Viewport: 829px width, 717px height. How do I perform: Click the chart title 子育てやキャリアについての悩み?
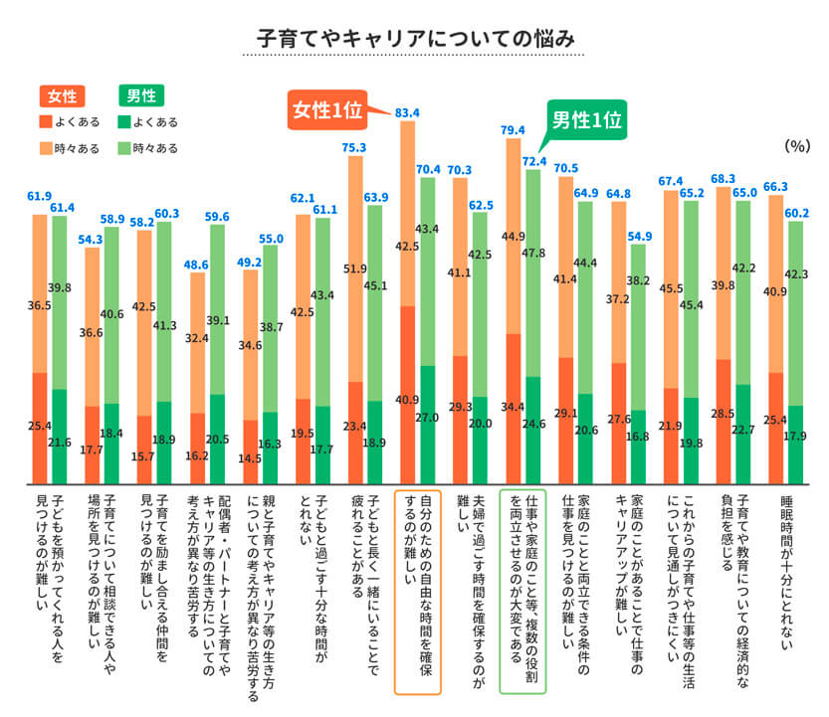(415, 39)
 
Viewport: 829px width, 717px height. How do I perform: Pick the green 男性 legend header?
(139, 95)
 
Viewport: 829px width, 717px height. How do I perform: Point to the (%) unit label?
(795, 145)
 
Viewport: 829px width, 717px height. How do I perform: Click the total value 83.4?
(407, 112)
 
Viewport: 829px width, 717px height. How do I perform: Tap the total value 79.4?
(514, 130)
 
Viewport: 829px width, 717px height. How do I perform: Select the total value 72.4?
(534, 161)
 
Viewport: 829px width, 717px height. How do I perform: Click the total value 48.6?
(195, 264)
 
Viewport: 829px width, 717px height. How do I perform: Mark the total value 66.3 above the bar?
(777, 186)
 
